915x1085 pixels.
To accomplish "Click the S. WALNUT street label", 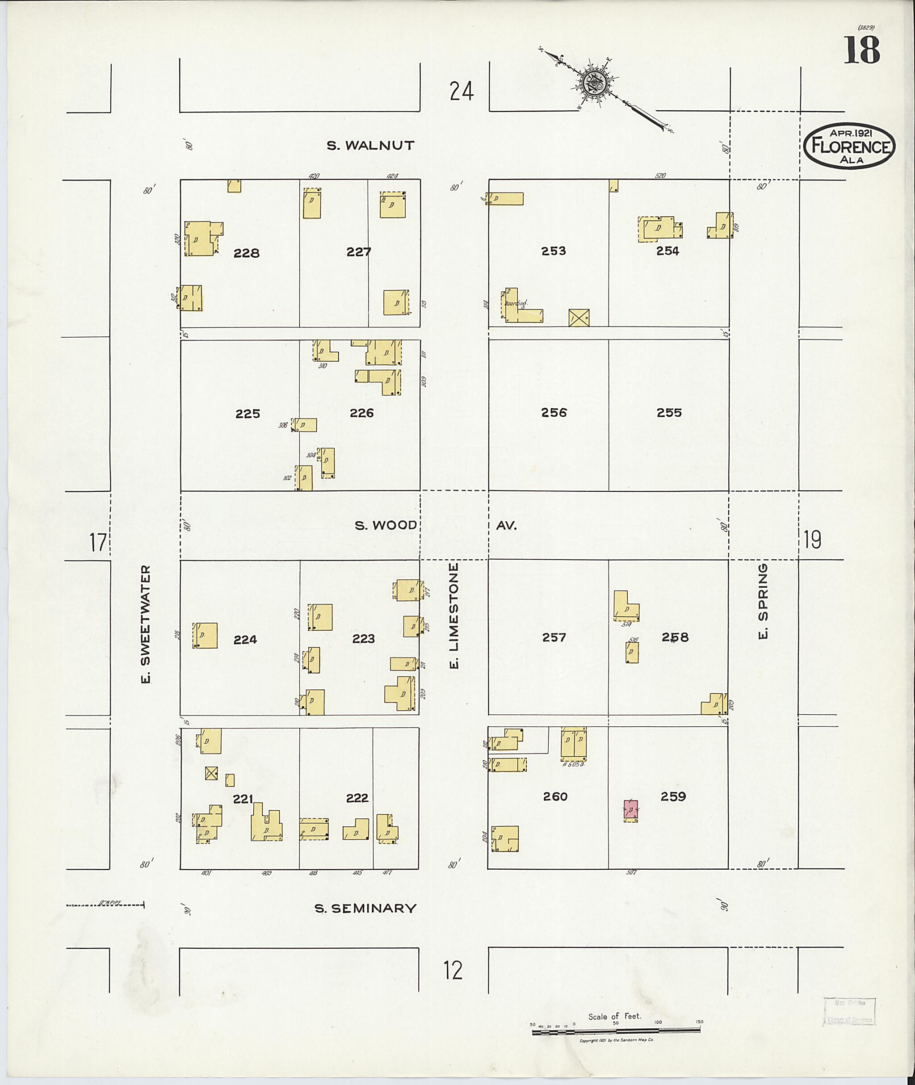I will click(370, 146).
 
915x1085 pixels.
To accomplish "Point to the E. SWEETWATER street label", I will click(146, 624).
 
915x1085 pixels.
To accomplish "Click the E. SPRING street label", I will click(762, 602).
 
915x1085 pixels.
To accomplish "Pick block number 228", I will click(246, 253).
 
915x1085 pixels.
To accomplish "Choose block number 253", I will click(553, 251).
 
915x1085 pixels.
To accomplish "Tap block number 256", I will click(554, 412).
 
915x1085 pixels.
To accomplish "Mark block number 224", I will click(245, 640).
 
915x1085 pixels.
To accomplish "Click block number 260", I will click(555, 796).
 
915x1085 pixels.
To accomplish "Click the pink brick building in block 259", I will click(631, 810).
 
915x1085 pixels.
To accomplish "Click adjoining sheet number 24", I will click(462, 92).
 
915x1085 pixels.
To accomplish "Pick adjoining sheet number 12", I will click(453, 970).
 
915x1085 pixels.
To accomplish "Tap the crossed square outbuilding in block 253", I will click(579, 318).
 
